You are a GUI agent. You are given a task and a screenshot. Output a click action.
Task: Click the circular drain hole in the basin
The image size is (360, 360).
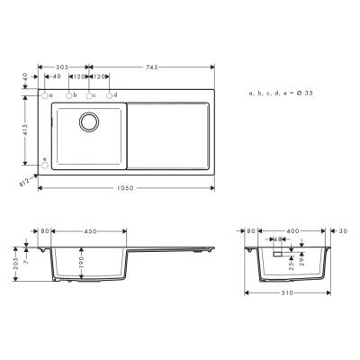coord(91,122)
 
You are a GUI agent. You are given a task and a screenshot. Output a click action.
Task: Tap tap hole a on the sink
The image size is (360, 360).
coord(44,95)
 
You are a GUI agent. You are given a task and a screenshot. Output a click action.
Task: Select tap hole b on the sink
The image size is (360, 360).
coord(67,95)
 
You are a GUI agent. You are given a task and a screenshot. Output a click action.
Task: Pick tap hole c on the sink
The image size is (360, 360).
coord(88,95)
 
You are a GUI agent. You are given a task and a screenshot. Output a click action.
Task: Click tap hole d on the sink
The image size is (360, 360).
coord(110,95)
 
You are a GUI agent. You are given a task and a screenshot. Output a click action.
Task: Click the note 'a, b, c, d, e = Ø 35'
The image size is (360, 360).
coord(280,94)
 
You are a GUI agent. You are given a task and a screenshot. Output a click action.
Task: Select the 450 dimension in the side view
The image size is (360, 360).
coord(90,230)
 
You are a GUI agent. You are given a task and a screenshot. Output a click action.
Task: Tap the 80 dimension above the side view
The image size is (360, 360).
coord(46,230)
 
